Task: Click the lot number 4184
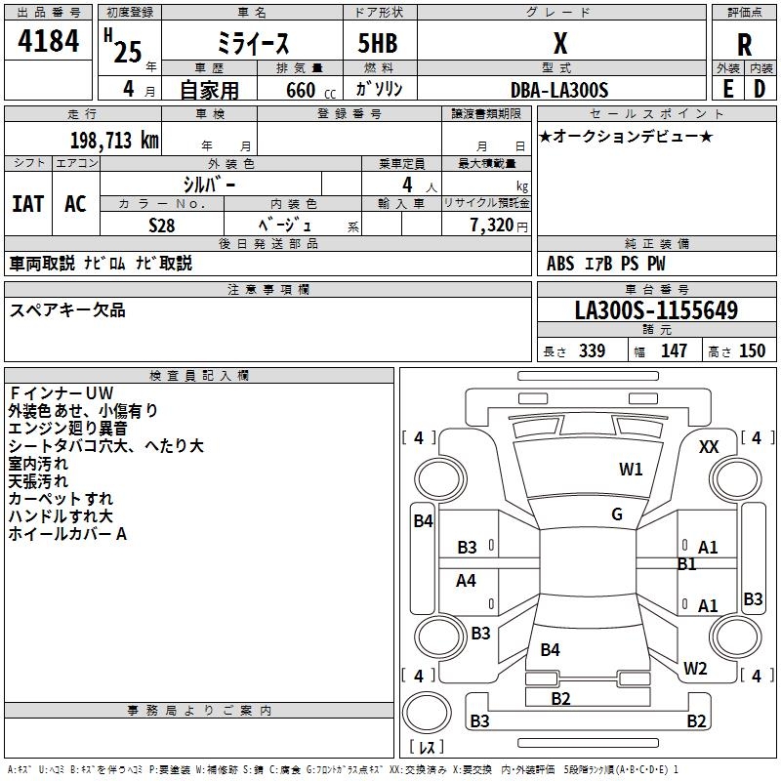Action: [48, 41]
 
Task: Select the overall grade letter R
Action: [744, 45]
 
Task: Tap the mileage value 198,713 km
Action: [114, 140]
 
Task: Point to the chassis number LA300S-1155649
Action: [656, 309]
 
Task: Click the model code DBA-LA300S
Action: [559, 90]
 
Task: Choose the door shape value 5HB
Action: [378, 43]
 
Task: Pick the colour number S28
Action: [162, 226]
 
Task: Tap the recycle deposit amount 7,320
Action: [492, 225]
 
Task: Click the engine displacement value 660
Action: [301, 90]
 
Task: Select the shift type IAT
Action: [28, 204]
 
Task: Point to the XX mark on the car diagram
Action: [709, 447]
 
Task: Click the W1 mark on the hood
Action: [631, 469]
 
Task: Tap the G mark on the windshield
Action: [617, 514]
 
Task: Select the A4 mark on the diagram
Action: [466, 580]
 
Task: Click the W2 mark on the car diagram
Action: [695, 668]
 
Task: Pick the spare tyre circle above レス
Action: [427, 713]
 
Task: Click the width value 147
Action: [674, 350]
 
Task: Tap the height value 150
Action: [752, 350]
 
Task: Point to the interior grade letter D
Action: [760, 89]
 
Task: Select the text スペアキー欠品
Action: [67, 310]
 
